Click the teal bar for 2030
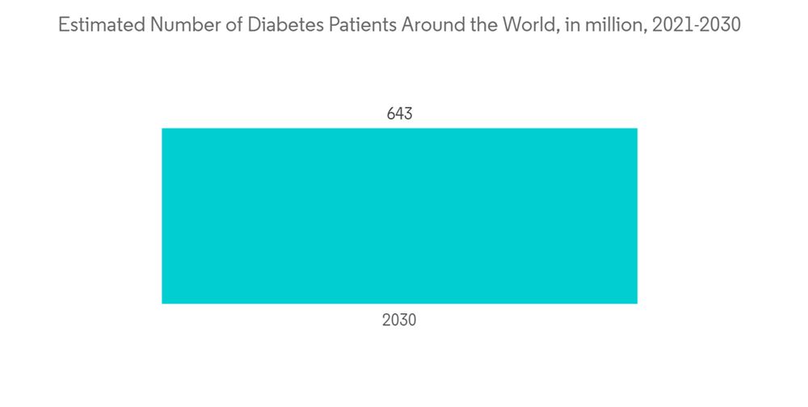[x=399, y=216]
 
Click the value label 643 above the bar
[x=399, y=114]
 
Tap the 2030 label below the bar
[x=399, y=320]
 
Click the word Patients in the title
[x=359, y=25]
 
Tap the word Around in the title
[x=432, y=25]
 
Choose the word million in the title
[x=608, y=25]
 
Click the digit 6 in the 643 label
[x=391, y=114]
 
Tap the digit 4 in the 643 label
[x=399, y=114]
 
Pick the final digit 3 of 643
[x=408, y=114]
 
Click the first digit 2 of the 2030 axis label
[x=386, y=320]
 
